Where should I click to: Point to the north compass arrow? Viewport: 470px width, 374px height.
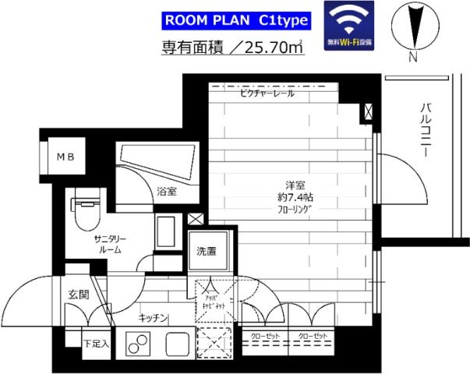click(x=413, y=27)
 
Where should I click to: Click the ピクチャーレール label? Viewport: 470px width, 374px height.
click(x=267, y=93)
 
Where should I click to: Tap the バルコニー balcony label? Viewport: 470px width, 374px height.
click(x=426, y=130)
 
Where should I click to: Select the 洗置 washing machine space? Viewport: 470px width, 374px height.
click(x=207, y=251)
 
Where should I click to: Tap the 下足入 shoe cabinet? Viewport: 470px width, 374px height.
click(x=97, y=341)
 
